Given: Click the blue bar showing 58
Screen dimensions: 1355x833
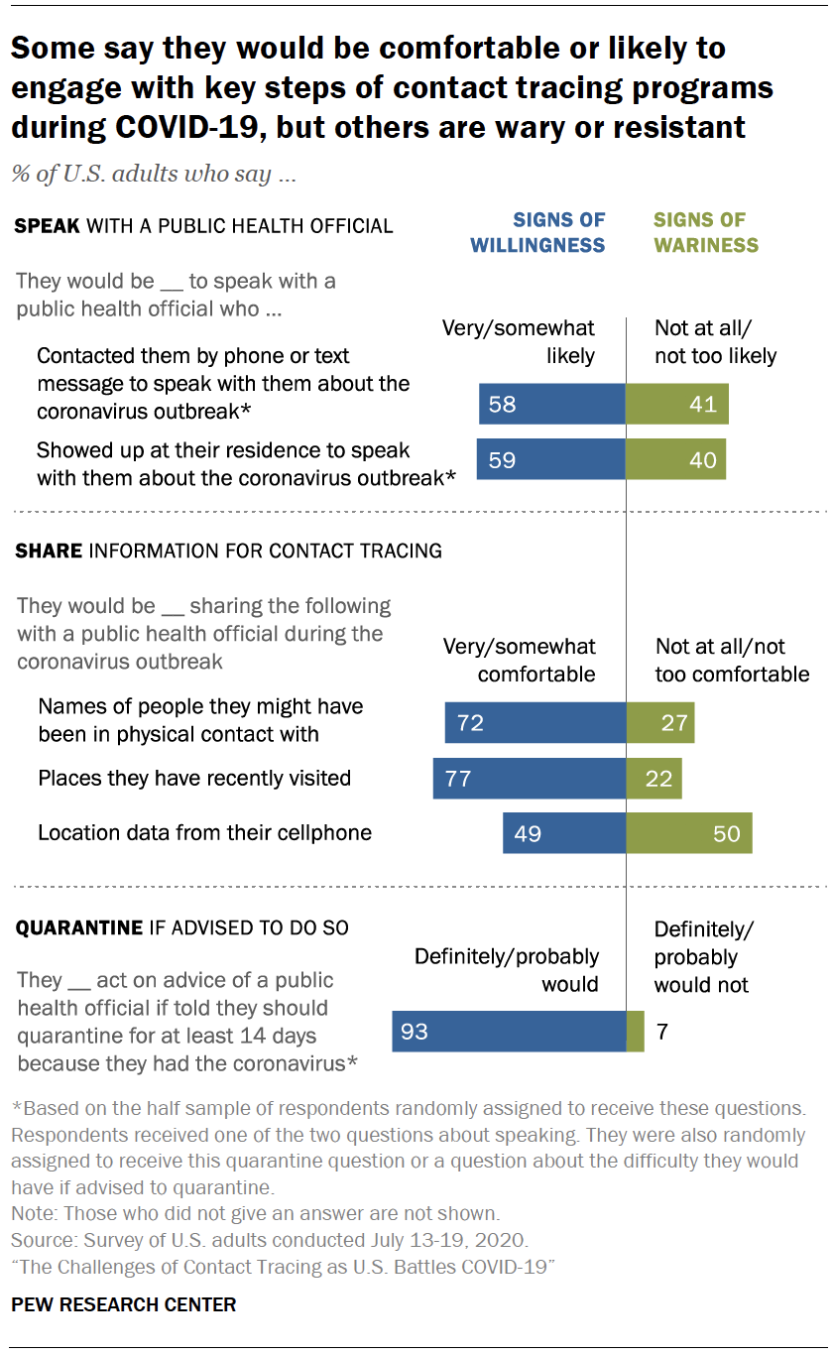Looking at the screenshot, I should (551, 405).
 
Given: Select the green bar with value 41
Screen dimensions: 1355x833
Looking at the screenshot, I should (677, 405).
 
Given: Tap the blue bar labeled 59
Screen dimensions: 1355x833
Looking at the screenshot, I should (550, 460).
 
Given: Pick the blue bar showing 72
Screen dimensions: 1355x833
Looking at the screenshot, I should (535, 723).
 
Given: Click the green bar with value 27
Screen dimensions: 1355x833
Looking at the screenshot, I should (660, 723).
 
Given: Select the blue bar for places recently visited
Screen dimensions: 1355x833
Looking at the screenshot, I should (530, 779).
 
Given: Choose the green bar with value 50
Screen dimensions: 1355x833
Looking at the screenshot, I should (689, 833).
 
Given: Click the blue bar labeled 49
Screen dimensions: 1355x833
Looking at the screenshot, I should (564, 833).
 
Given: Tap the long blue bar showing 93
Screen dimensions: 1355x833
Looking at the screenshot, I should (509, 1032).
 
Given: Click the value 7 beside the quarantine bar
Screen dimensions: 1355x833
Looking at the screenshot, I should (661, 1032).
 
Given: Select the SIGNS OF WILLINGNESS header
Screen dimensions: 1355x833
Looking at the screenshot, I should (537, 232).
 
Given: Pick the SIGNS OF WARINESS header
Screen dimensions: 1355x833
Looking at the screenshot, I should (706, 232).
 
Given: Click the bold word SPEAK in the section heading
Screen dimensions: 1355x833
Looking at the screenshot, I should (48, 226).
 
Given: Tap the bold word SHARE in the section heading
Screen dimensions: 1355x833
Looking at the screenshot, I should (49, 551).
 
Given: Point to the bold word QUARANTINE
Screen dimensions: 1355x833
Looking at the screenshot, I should (78, 928).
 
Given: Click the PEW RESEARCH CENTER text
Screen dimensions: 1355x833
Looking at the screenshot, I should (124, 1304).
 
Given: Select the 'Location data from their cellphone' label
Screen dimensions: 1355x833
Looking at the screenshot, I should (204, 832).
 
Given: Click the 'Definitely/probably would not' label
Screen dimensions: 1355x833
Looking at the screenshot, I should (702, 957).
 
